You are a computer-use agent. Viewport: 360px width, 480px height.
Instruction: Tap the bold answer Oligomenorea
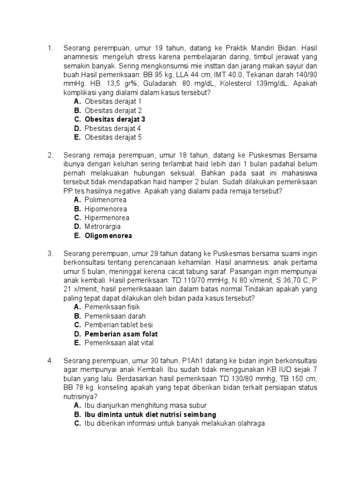point(108,236)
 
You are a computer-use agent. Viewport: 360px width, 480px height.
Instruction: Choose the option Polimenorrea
point(105,200)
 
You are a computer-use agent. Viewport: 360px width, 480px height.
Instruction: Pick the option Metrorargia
point(103,227)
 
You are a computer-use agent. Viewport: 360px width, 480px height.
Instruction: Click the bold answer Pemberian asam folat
point(121,334)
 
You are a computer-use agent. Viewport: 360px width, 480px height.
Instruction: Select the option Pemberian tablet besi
point(119,325)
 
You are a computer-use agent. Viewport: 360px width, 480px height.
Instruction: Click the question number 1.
point(50,48)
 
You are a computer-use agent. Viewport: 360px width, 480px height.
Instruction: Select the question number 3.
point(50,254)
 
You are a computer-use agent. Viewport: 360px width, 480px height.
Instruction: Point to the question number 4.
point(50,361)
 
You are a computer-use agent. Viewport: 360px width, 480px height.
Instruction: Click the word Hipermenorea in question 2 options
point(107,218)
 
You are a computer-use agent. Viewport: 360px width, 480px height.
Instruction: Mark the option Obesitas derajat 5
point(113,137)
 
